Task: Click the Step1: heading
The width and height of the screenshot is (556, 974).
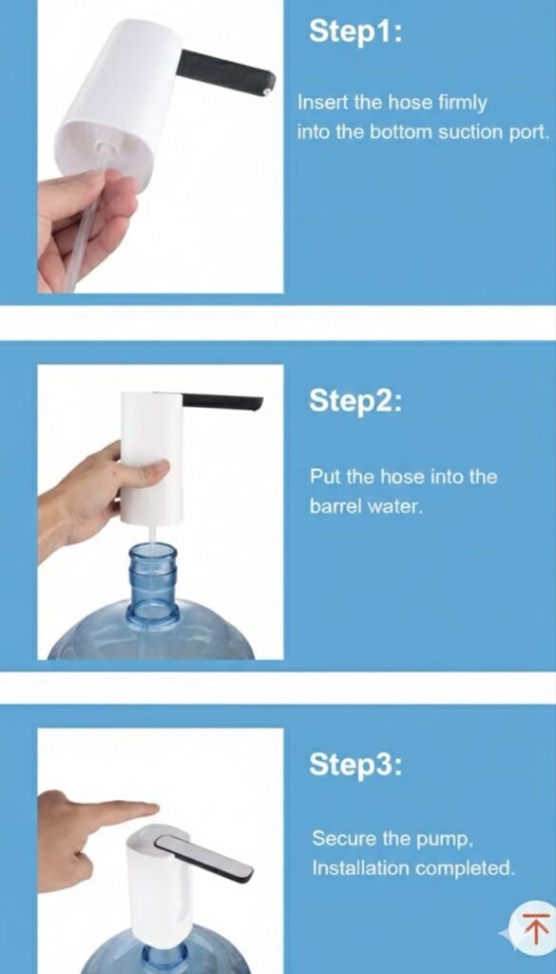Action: (x=355, y=31)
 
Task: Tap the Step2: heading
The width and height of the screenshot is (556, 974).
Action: (x=355, y=400)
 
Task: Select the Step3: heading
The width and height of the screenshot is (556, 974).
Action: (x=355, y=764)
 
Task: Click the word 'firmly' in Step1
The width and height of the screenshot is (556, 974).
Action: (x=463, y=103)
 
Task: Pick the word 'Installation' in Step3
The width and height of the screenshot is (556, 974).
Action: (x=360, y=867)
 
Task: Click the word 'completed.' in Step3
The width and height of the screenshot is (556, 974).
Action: (x=465, y=867)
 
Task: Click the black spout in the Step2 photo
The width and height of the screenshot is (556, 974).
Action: (x=221, y=400)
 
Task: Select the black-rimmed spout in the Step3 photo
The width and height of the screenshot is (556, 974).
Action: (x=204, y=858)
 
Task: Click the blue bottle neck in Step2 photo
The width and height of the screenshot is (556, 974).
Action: (x=153, y=583)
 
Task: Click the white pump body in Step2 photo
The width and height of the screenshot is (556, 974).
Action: (x=151, y=458)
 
